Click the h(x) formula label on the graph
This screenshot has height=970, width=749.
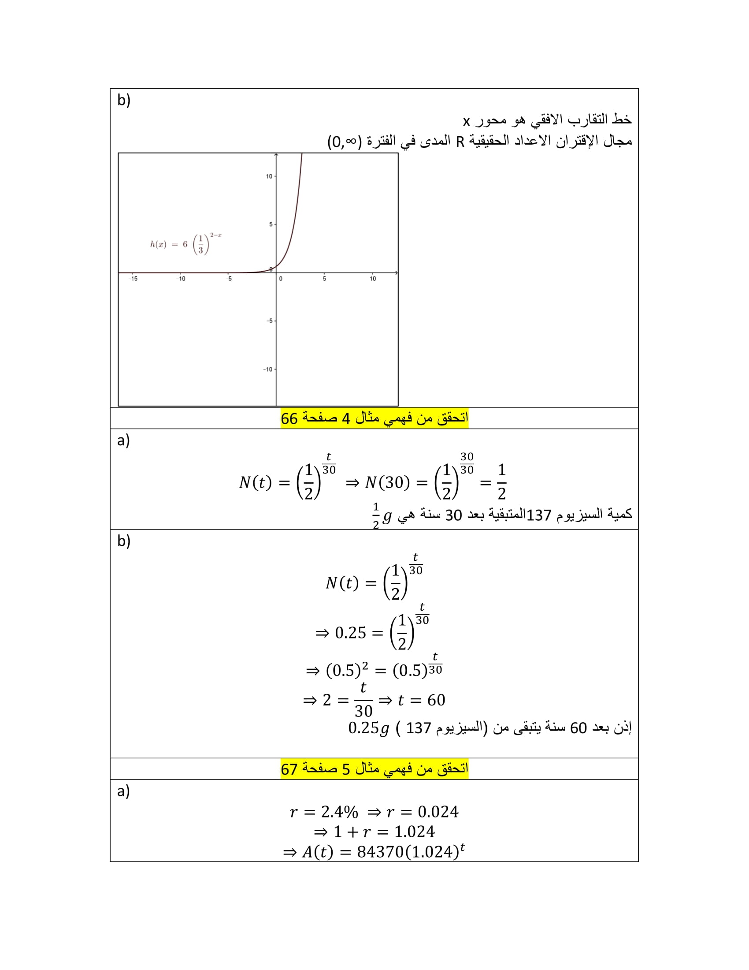[185, 244]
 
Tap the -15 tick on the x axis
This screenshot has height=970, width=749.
[133, 279]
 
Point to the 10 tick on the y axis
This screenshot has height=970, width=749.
[269, 176]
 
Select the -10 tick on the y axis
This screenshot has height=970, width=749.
[268, 369]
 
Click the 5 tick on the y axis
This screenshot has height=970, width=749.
[271, 224]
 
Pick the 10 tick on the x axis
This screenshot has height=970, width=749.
[373, 279]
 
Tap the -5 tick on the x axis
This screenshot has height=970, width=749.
[229, 279]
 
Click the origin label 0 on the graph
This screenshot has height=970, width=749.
[280, 279]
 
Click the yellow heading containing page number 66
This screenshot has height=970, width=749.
[374, 418]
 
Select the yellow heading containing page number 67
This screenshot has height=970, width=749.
[374, 769]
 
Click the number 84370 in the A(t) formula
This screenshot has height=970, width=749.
[380, 852]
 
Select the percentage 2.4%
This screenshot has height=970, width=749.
[339, 812]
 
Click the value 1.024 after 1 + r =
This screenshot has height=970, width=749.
[415, 832]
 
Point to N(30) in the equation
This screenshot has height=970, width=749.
[387, 482]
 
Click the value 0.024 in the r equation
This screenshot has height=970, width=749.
[438, 812]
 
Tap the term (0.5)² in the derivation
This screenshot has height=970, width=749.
[347, 670]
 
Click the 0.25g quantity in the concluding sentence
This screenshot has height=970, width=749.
[369, 728]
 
